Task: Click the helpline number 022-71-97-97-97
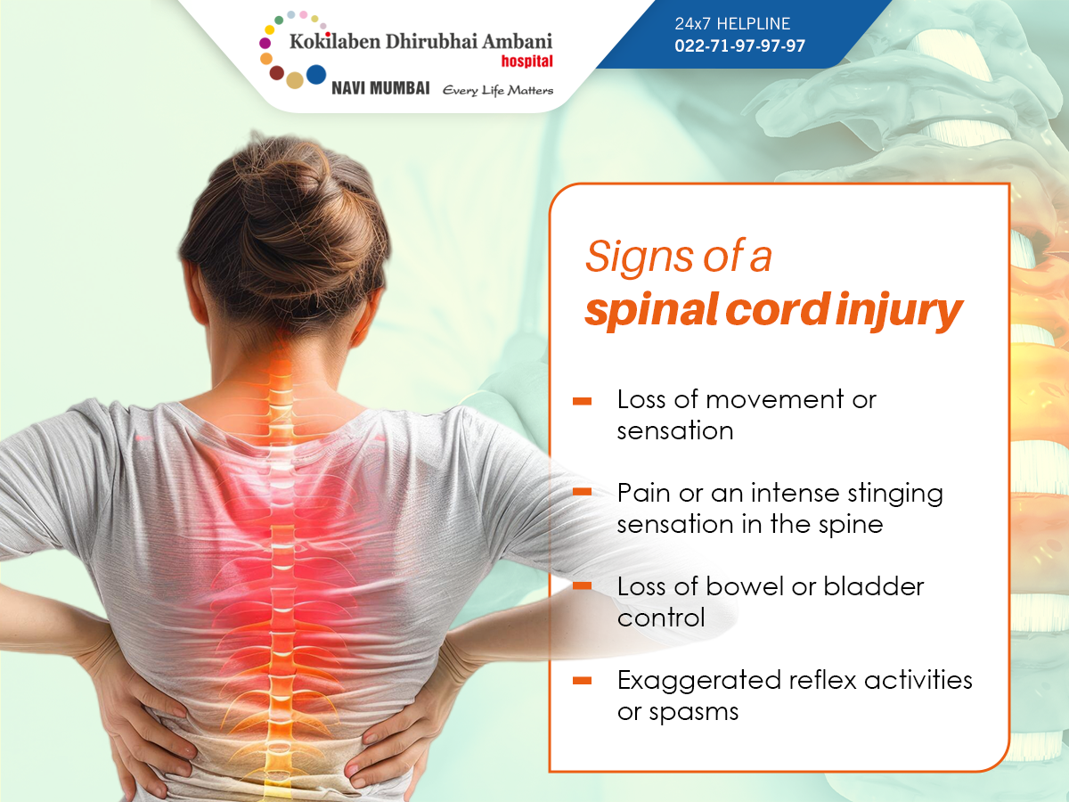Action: (x=739, y=45)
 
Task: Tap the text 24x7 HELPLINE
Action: (x=732, y=23)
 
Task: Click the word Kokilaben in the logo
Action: (x=335, y=41)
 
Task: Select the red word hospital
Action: (x=527, y=61)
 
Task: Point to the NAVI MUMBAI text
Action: (x=380, y=88)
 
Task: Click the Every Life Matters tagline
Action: (x=498, y=91)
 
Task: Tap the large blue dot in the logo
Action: (x=316, y=75)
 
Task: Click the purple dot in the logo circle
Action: (x=265, y=43)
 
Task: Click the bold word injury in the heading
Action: (x=899, y=312)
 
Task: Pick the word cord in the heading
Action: (x=779, y=309)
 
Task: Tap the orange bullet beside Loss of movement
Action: (x=582, y=401)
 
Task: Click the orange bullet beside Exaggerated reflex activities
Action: (x=582, y=681)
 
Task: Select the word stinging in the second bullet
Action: (x=895, y=495)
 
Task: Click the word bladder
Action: (x=874, y=586)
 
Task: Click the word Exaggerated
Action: (x=699, y=682)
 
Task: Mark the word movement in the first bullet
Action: (x=775, y=400)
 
